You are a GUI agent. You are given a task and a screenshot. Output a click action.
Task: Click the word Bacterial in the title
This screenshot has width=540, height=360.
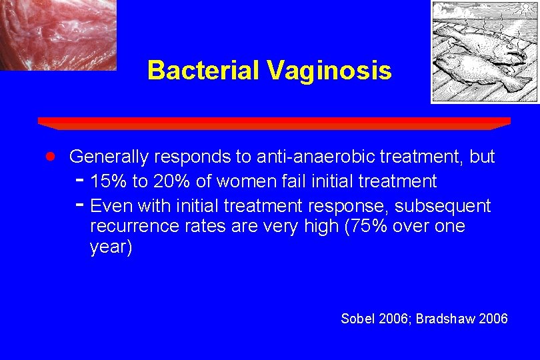(201, 70)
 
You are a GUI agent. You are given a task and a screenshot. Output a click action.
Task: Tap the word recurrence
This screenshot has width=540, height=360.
(133, 227)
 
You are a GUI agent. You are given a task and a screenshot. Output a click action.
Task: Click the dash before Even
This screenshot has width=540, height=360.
(79, 204)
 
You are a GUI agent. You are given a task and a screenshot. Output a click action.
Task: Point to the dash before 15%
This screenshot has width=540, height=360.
(79, 180)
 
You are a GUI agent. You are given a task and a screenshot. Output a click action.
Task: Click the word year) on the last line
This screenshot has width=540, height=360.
(111, 249)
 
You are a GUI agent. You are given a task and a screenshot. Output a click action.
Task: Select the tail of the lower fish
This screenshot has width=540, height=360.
(516, 83)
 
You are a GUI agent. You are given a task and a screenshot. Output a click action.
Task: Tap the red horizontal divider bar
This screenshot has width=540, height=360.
(274, 123)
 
